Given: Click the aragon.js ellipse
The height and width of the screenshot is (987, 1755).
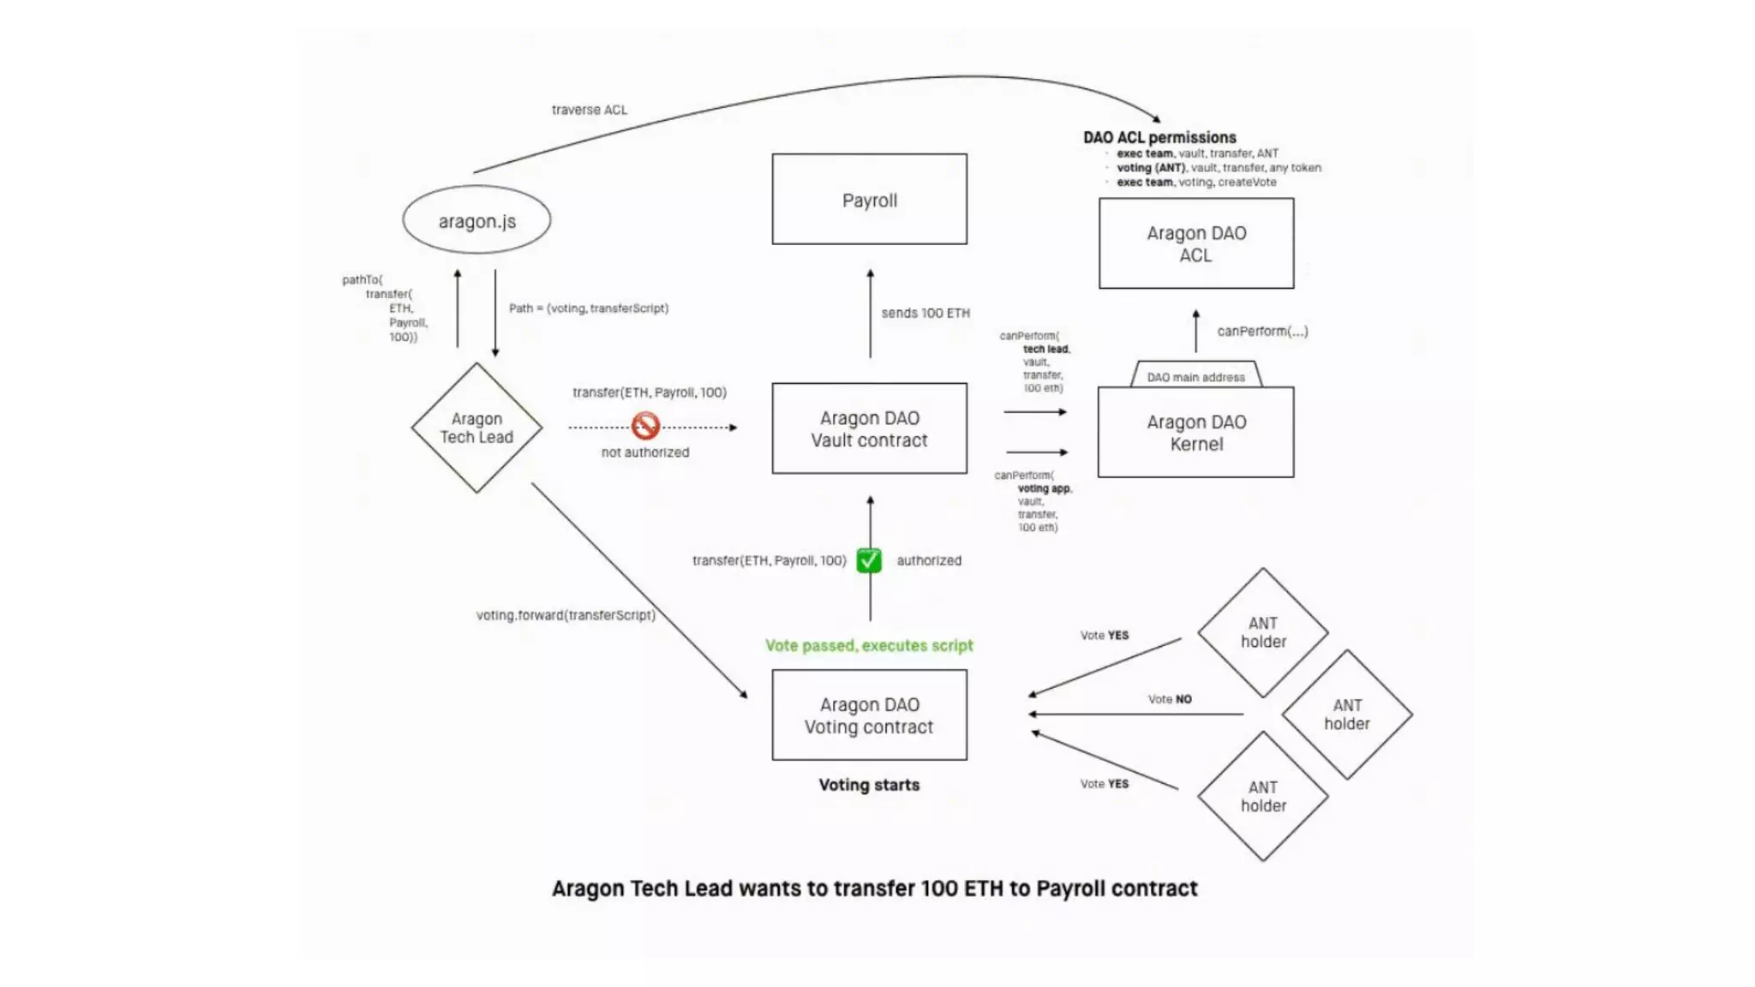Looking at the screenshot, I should click(x=476, y=220).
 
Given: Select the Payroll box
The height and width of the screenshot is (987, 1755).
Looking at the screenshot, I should click(x=869, y=200).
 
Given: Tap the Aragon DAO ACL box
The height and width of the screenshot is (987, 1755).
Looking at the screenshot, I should click(x=1195, y=243).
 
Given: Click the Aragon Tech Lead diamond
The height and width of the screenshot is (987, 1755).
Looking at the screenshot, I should click(x=476, y=428).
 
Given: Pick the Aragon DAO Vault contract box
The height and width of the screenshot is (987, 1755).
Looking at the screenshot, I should click(x=869, y=428).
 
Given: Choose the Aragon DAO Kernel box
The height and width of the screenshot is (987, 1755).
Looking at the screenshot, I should click(x=1195, y=433).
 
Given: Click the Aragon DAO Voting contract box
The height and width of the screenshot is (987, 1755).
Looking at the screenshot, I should click(x=869, y=715).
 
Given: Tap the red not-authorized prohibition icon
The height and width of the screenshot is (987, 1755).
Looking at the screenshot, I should click(x=645, y=425).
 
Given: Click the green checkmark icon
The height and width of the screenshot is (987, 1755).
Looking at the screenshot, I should click(x=869, y=560).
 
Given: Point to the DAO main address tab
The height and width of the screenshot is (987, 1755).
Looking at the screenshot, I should click(x=1195, y=377).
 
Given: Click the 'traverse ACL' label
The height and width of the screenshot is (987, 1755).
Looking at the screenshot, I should click(x=589, y=110).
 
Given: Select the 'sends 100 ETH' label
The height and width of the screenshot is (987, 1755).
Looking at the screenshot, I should click(x=925, y=314).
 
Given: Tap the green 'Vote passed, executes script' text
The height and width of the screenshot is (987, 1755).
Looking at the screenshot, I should click(x=869, y=645).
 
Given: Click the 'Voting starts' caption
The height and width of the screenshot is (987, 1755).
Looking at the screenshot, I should click(x=869, y=785).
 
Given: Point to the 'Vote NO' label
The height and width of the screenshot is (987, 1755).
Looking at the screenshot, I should click(x=1170, y=699).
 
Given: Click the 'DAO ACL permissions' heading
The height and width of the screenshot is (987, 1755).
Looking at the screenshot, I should click(x=1159, y=137).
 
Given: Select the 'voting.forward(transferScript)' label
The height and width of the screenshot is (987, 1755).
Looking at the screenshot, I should click(x=566, y=615).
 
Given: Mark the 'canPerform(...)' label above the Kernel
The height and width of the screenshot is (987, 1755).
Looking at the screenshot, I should click(x=1262, y=331).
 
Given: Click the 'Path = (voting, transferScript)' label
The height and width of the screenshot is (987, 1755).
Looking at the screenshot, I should click(x=589, y=308).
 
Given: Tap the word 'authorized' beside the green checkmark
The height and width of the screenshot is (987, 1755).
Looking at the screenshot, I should click(x=929, y=560).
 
